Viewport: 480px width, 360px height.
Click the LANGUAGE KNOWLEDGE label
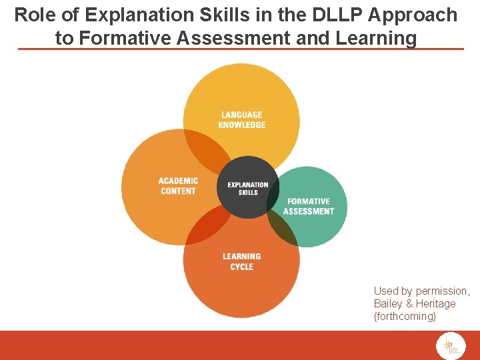pyautogui.click(x=241, y=120)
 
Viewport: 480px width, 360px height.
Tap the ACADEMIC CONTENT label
pyautogui.click(x=178, y=186)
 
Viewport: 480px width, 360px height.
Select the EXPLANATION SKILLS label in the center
pyautogui.click(x=247, y=189)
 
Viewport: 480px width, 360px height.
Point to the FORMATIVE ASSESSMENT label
pyautogui.click(x=308, y=206)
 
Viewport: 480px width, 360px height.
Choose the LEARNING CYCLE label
pyautogui.click(x=241, y=261)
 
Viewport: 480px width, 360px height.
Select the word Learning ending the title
pyautogui.click(x=378, y=38)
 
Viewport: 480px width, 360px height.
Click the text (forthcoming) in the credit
pyautogui.click(x=405, y=316)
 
